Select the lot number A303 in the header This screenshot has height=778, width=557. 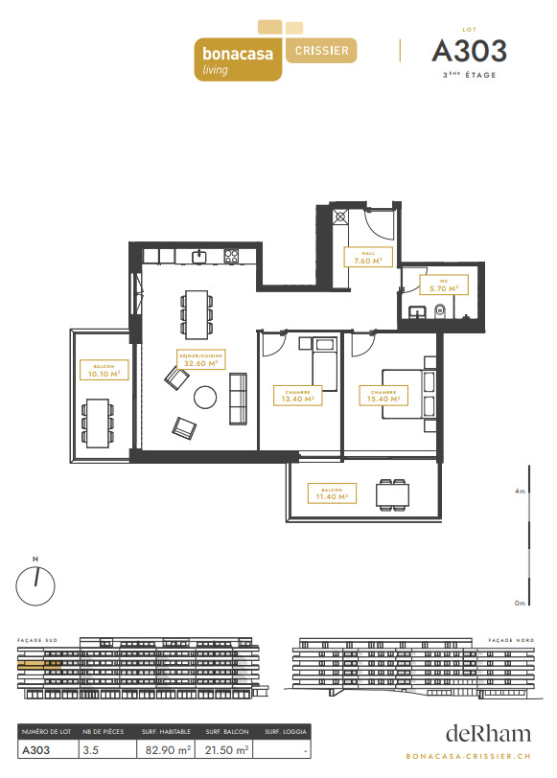(469, 51)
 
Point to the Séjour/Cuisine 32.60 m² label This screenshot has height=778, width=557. (201, 359)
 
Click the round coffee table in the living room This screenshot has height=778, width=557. (206, 397)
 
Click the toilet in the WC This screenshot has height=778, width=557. (440, 311)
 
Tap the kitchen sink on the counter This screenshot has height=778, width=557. (199, 256)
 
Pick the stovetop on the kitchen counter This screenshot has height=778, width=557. (231, 256)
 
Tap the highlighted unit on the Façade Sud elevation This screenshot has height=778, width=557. (39, 663)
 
